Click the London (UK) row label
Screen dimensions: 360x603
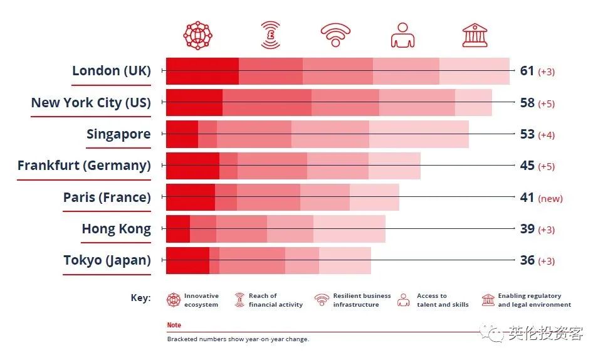point(112,70)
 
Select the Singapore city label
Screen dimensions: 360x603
point(118,134)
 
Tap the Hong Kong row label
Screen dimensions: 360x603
point(116,229)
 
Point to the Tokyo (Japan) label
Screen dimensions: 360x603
point(107,260)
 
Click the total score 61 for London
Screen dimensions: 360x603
point(527,71)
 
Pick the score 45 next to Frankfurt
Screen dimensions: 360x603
point(527,166)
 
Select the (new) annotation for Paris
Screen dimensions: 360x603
point(550,198)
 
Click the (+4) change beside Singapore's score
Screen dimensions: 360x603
point(546,135)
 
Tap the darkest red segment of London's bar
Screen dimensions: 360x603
point(202,71)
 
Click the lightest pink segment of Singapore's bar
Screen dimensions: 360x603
point(419,134)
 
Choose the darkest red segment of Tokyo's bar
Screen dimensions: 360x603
point(187,261)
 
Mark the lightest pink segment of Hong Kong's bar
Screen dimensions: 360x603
point(349,229)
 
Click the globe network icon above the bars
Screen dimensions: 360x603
point(198,35)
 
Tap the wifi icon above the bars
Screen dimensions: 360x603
point(335,36)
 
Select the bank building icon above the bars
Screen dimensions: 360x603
point(475,35)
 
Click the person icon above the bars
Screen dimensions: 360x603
point(403,35)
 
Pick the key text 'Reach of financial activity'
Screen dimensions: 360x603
point(275,300)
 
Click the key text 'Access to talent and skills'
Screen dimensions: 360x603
point(443,300)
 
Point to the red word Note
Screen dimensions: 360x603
point(174,326)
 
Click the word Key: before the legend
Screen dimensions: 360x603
point(140,298)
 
